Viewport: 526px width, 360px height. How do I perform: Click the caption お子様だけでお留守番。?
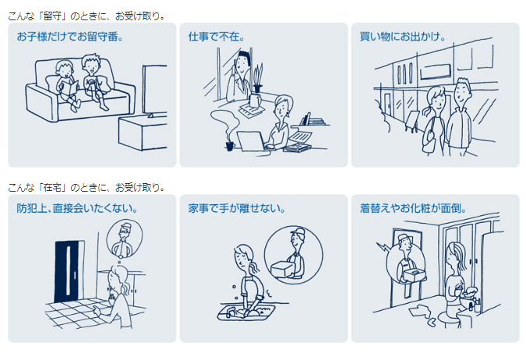[x=70, y=37]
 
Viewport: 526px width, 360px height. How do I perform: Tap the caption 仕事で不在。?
[x=217, y=37]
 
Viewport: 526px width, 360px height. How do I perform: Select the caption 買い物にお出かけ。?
[x=403, y=37]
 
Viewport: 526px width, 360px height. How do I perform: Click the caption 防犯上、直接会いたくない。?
[x=77, y=208]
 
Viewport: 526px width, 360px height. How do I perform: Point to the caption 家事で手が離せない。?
[x=237, y=208]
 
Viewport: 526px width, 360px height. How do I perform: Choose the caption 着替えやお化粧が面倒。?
[x=413, y=208]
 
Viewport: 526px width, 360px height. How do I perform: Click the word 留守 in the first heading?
[x=52, y=16]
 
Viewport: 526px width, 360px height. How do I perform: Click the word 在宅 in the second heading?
[x=52, y=187]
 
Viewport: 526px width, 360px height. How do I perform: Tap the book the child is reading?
[x=69, y=89]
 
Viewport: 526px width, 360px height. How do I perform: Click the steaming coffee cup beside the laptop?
[x=230, y=146]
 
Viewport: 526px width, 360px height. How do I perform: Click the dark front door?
[x=68, y=271]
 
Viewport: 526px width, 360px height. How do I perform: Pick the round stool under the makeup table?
[x=449, y=319]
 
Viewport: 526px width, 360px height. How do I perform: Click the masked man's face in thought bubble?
[x=124, y=234]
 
